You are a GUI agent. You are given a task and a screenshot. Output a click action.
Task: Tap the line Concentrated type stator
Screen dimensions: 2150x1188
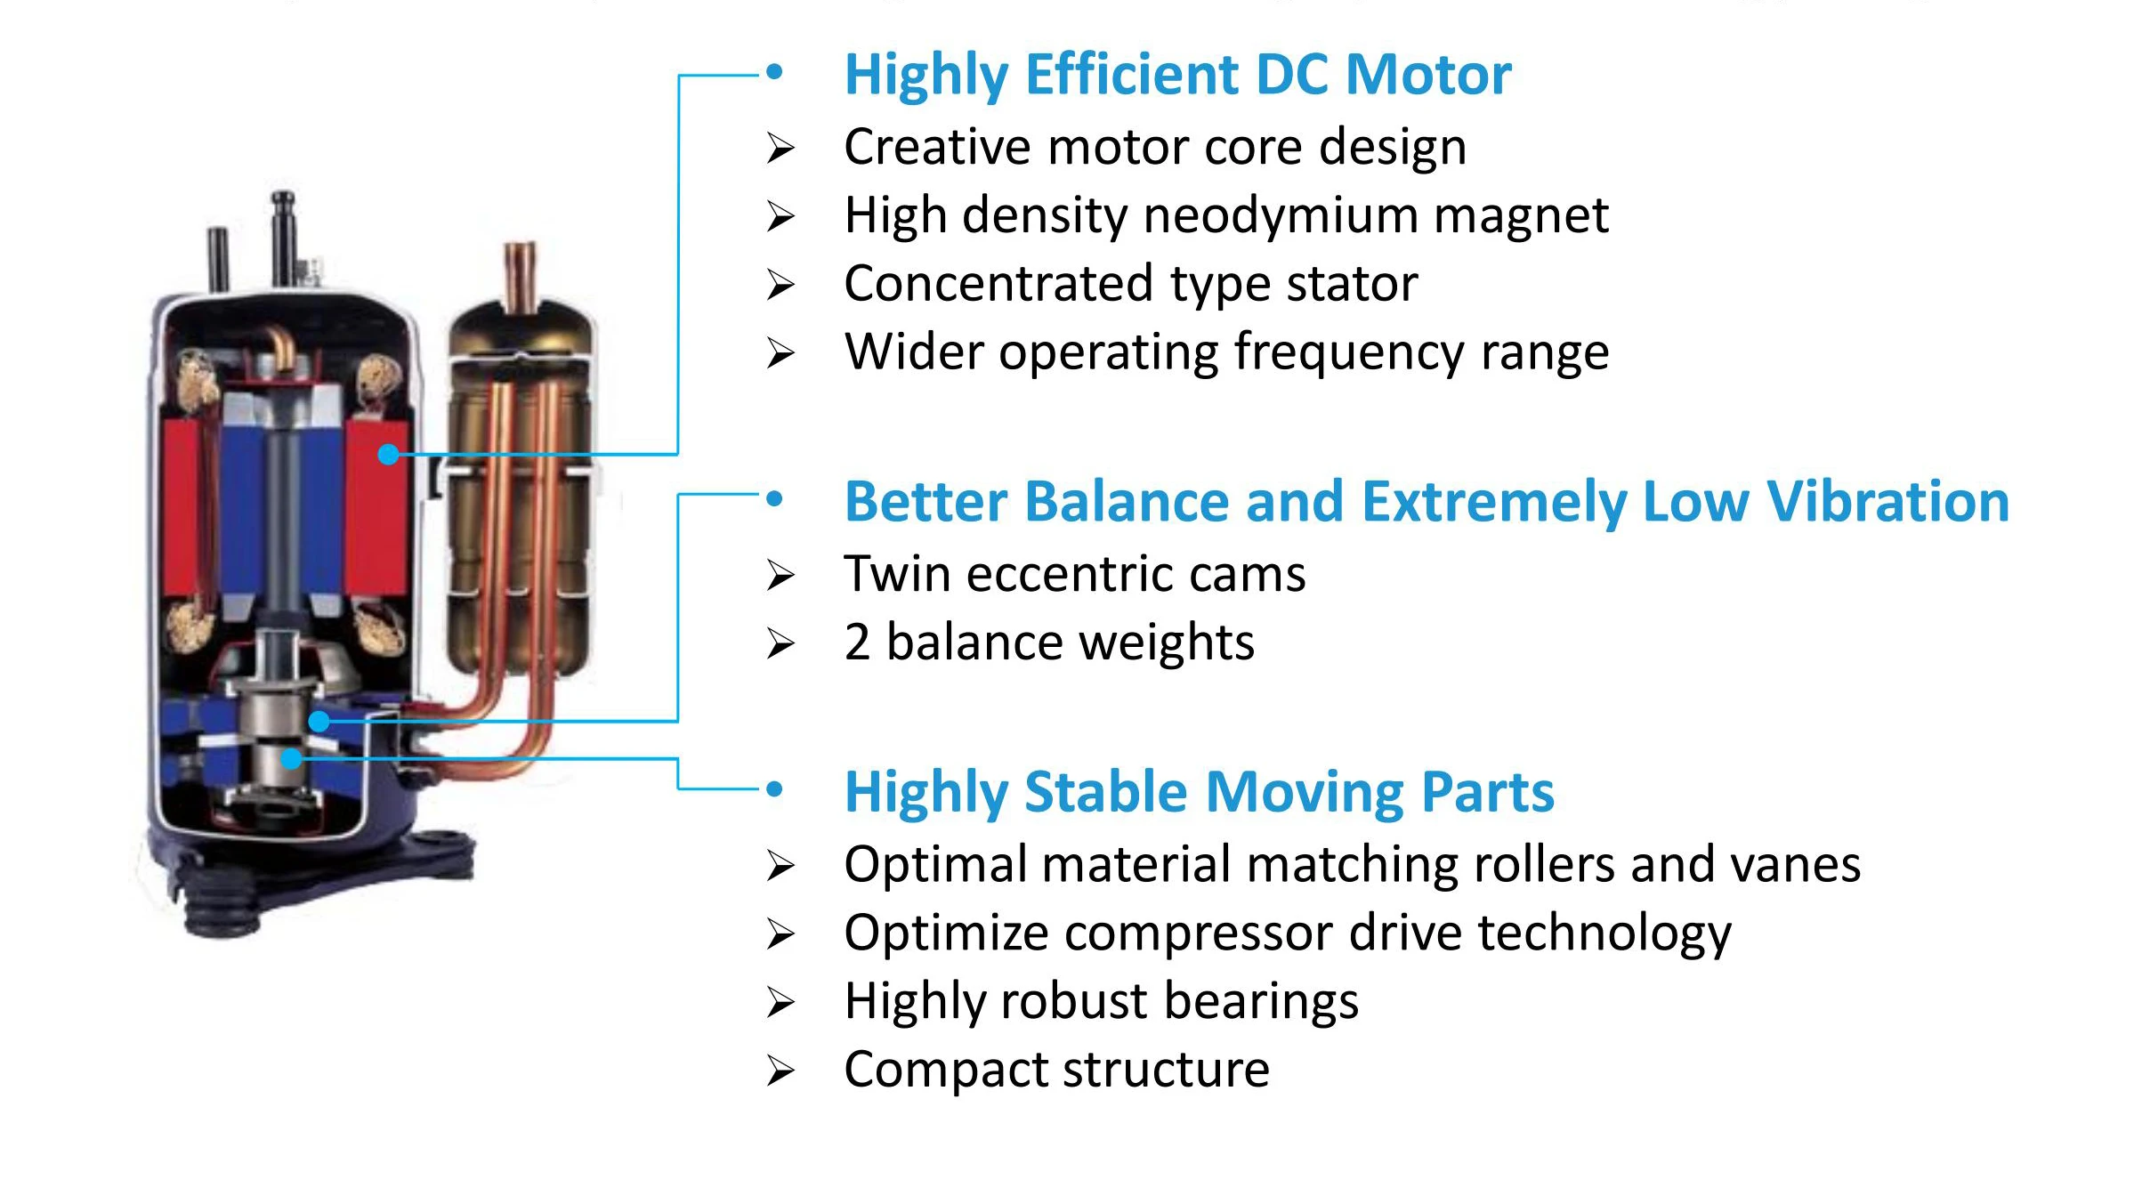pyautogui.click(x=1130, y=284)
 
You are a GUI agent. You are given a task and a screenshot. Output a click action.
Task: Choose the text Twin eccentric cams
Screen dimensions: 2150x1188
pyautogui.click(x=1074, y=574)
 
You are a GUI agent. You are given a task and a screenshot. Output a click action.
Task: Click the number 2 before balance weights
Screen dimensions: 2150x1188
pyautogui.click(x=857, y=642)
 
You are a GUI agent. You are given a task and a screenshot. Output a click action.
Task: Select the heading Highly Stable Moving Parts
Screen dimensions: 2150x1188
pyautogui.click(x=1199, y=791)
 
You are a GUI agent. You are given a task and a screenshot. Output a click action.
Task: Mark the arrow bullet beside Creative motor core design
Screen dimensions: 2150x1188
pyautogui.click(x=780, y=148)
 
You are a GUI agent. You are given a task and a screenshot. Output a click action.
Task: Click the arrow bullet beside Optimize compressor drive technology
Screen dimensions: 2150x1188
pyautogui.click(x=780, y=933)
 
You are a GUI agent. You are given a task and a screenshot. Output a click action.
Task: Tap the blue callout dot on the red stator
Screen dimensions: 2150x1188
pyautogui.click(x=388, y=455)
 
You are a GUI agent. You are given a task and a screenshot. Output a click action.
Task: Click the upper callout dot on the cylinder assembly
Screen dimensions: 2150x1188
pyautogui.click(x=319, y=721)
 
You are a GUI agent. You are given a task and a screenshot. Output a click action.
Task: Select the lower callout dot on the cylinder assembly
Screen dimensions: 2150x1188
pyautogui.click(x=291, y=759)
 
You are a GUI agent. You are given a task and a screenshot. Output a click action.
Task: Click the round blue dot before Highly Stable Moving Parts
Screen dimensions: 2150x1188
pyautogui.click(x=774, y=788)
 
